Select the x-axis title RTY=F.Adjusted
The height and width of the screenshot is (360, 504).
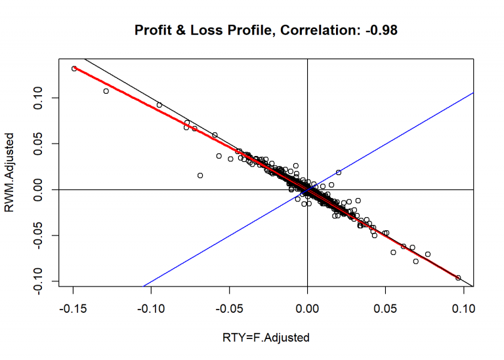pos(266,337)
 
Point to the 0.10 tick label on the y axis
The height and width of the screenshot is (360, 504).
pos(41,98)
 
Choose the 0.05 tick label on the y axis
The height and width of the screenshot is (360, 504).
pos(41,144)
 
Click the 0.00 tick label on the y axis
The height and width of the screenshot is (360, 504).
pos(41,190)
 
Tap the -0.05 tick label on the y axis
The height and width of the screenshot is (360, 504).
pos(41,235)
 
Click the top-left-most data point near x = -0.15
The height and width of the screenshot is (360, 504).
pos(74,68)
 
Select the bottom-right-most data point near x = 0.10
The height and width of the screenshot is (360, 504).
pos(458,277)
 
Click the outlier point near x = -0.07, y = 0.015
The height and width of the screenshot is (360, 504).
pos(200,175)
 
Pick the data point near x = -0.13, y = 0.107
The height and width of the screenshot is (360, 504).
pos(106,91)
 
